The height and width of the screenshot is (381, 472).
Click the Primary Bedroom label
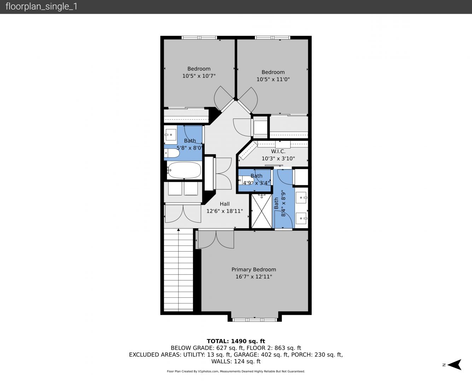[254, 270]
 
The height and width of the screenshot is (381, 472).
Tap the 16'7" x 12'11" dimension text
[254, 277]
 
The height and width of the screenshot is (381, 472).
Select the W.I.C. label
[278, 151]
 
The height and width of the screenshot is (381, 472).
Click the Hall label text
[225, 204]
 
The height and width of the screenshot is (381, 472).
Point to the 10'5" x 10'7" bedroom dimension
[199, 76]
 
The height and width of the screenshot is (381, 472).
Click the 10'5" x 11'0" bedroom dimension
[273, 79]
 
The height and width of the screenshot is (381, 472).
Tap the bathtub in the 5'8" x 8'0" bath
[184, 170]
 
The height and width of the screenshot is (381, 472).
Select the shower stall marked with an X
[262, 211]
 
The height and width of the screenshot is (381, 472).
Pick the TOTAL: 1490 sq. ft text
[236, 341]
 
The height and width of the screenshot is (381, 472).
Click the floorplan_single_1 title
[41, 7]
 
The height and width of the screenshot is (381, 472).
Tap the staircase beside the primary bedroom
[179, 270]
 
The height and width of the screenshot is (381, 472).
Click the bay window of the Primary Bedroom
[255, 320]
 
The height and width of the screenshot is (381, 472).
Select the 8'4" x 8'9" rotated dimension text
[283, 204]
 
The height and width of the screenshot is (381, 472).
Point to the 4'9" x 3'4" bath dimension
[256, 183]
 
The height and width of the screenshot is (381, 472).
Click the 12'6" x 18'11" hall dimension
[225, 211]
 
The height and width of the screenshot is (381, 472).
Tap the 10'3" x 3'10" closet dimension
[278, 158]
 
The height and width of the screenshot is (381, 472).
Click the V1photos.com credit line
[236, 371]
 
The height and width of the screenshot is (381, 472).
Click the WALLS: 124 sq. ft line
[236, 362]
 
